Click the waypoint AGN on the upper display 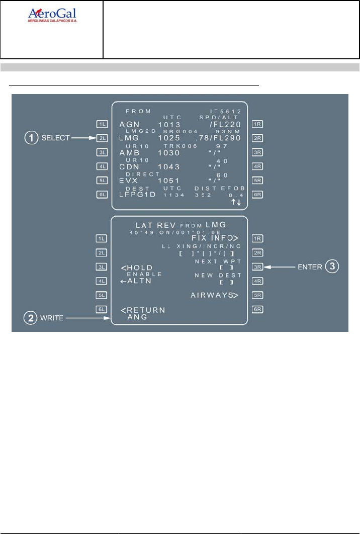pyautogui.click(x=128, y=124)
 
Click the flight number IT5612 pyautogui.click(x=226, y=110)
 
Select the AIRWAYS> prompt pyautogui.click(x=214, y=295)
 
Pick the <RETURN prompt pyautogui.click(x=143, y=310)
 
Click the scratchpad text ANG pyautogui.click(x=135, y=317)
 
